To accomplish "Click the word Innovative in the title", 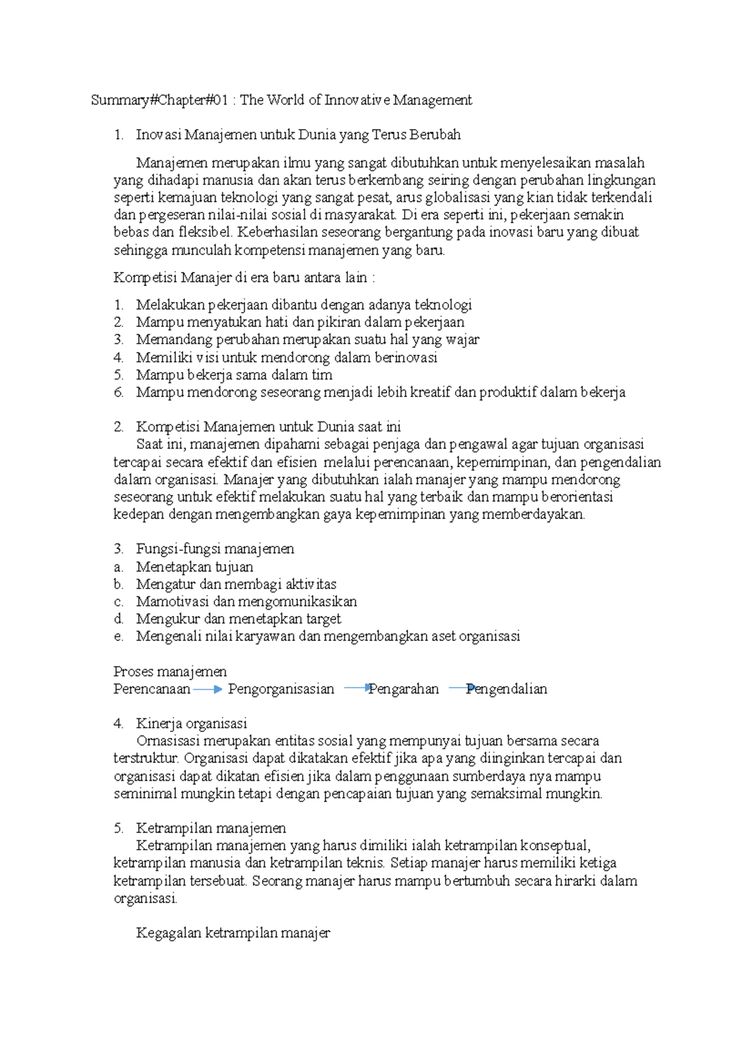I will point(357,100).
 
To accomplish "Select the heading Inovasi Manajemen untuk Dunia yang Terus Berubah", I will point(298,135).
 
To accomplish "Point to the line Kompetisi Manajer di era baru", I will point(244,278).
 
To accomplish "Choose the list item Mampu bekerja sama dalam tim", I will point(234,375).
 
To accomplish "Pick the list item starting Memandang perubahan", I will point(307,340).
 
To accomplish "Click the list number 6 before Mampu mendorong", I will point(118,392).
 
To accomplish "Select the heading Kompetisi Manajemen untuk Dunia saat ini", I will point(268,427).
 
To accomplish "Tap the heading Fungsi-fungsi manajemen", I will point(215,549).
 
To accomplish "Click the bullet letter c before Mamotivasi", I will point(118,602).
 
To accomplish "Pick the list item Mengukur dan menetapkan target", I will point(238,619).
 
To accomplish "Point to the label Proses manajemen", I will point(170,672).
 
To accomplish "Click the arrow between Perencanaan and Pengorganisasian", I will point(208,689).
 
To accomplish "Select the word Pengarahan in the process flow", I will point(404,689).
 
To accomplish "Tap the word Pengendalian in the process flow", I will point(506,689).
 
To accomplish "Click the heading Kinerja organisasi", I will point(191,724).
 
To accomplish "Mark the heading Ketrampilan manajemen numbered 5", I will point(211,828).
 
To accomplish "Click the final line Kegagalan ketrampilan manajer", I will point(232,933).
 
